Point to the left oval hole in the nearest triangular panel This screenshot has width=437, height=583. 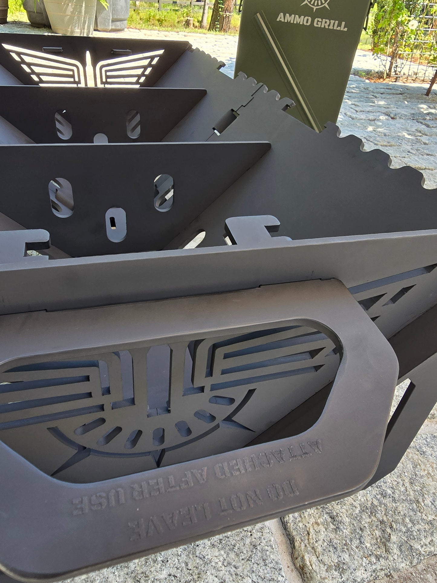62,197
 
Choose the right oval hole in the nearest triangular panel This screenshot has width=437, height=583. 164,192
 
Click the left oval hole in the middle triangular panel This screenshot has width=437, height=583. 64,124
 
